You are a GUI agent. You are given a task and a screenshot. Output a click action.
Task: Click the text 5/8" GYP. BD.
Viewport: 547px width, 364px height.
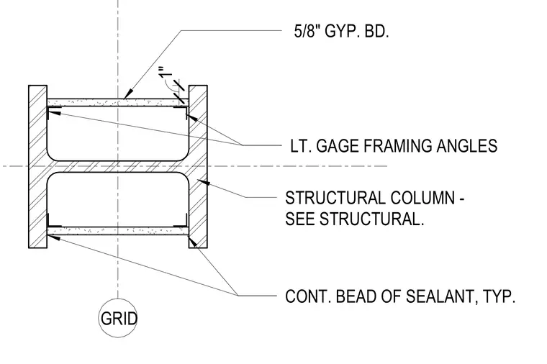tap(342, 32)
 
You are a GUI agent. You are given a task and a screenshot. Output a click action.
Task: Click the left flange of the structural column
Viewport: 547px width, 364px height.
tap(37, 167)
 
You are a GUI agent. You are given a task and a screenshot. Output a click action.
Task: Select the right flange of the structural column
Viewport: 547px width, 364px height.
tap(198, 167)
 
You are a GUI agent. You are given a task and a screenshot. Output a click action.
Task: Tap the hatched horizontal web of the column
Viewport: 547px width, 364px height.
tap(118, 167)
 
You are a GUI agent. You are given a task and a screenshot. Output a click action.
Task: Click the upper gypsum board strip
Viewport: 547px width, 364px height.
tap(118, 102)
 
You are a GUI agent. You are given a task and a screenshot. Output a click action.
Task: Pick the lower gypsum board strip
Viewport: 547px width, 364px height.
tap(118, 231)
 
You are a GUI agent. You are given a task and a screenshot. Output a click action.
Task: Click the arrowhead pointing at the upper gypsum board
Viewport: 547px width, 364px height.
tap(129, 94)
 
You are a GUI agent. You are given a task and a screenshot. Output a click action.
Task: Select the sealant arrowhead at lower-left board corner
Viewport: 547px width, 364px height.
tap(53, 238)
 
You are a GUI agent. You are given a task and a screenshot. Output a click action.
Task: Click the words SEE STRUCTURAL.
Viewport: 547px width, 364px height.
tap(354, 219)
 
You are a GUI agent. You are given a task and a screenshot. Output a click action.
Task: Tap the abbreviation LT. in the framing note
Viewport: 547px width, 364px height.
tap(300, 146)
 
